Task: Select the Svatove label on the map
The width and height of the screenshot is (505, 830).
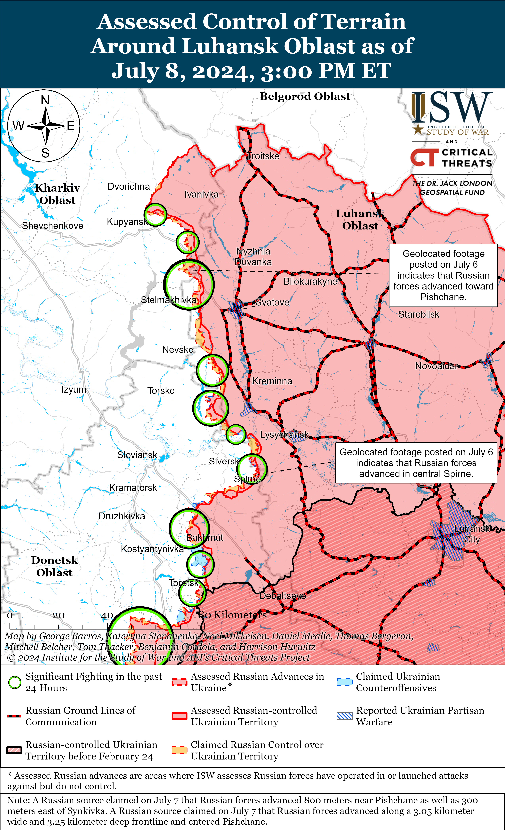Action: (x=272, y=302)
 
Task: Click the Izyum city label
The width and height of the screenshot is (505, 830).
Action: (x=73, y=390)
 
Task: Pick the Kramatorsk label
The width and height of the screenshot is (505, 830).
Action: (x=133, y=488)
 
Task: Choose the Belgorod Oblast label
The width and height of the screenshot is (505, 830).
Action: (x=305, y=96)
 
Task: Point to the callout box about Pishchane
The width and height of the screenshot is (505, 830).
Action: (x=443, y=275)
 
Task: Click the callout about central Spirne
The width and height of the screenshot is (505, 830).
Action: (x=416, y=463)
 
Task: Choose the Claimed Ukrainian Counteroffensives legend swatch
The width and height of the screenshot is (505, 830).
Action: (x=345, y=682)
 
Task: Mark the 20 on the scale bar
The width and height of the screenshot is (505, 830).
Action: (x=58, y=615)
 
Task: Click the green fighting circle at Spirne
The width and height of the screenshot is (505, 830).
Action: (x=252, y=469)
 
